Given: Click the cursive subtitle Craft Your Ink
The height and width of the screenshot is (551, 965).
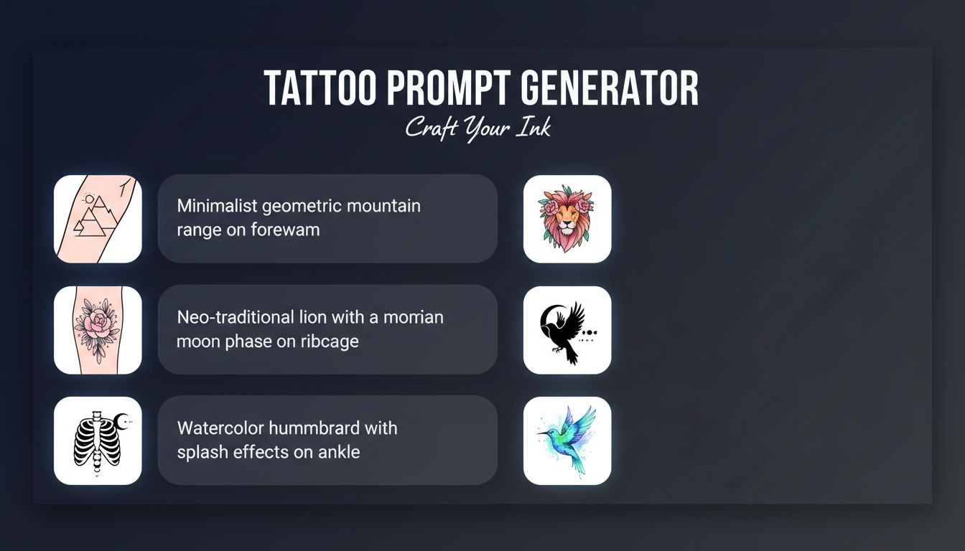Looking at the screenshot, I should pos(478,128).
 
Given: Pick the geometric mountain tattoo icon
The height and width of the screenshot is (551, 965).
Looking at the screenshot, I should pos(98,219).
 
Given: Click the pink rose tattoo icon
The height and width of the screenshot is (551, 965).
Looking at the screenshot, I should pos(98,330).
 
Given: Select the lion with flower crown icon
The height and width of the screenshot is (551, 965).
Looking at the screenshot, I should pos(567,219).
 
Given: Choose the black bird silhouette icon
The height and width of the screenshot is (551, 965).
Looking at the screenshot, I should pos(567,330).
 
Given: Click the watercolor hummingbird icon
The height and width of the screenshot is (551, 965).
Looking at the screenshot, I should pos(567,441).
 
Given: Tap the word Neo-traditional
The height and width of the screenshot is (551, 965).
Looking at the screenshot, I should pos(236,317).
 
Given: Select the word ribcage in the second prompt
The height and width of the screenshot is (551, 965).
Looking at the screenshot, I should pos(330,342).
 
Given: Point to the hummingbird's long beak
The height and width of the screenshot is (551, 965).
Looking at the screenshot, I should pos(545,433).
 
